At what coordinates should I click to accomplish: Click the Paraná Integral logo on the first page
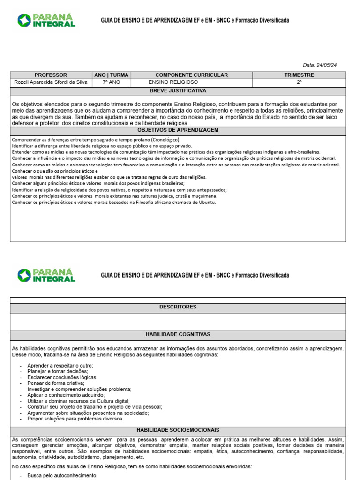coord(46,20)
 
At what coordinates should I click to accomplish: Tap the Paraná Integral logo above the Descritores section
coord(46,275)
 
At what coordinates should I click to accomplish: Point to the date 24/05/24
coord(327,65)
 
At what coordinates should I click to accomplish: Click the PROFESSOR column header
coord(51,75)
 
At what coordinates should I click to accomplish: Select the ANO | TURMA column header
coord(112,75)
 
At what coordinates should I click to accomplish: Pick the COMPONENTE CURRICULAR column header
coord(191,75)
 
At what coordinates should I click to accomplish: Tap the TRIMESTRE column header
coord(299,75)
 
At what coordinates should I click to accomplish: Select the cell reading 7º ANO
coord(112,82)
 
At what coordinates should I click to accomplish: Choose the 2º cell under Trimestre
coord(299,82)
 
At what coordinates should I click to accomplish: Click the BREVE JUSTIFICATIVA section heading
coord(178,90)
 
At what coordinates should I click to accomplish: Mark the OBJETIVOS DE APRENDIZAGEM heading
coord(178,130)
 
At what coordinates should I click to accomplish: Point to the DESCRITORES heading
coord(178,307)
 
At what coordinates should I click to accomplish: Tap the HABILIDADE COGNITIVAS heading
coord(178,334)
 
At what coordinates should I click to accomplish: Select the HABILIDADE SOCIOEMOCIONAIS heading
coord(178,430)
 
